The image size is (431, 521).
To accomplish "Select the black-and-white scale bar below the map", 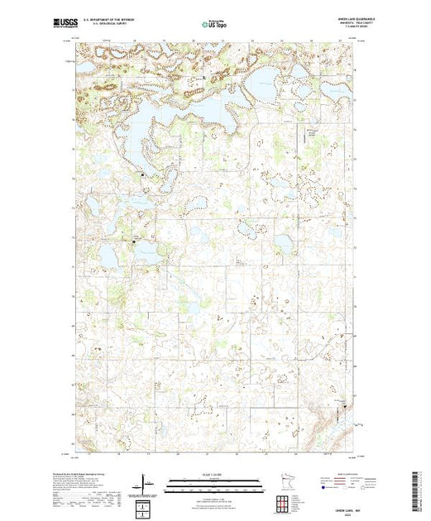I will coord(214,482).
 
